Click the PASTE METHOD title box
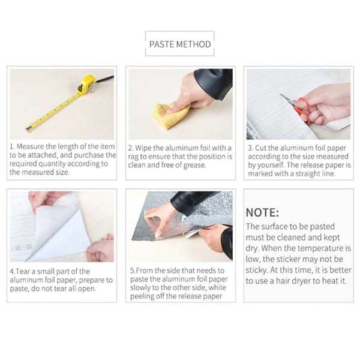click(x=179, y=44)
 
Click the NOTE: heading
click(x=262, y=213)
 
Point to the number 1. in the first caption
click(x=12, y=146)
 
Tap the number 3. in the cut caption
click(x=250, y=146)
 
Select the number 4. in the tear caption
click(x=12, y=271)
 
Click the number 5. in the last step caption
click(x=132, y=271)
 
